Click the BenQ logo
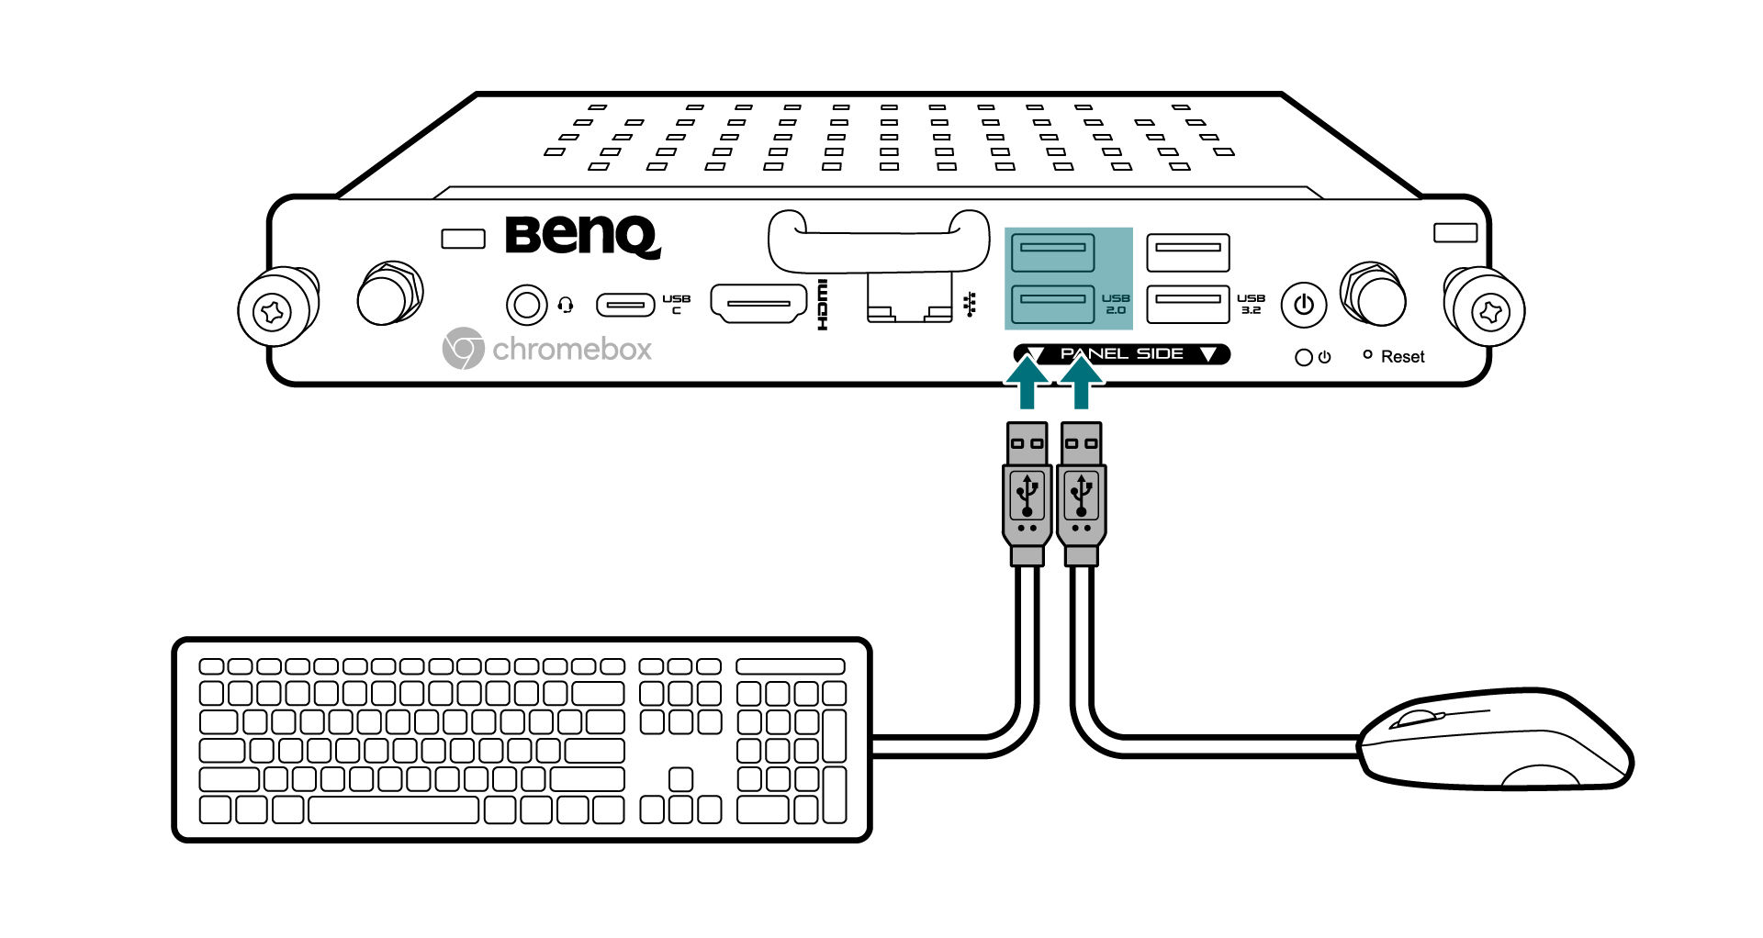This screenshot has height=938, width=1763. pyautogui.click(x=582, y=236)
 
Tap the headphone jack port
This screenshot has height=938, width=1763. pyautogui.click(x=526, y=304)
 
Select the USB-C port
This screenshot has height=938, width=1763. pyautogui.click(x=625, y=304)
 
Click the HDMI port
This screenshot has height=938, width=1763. pyautogui.click(x=758, y=304)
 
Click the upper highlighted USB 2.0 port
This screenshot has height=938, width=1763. pyautogui.click(x=1052, y=251)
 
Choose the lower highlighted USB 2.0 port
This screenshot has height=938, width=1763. pyautogui.click(x=1052, y=303)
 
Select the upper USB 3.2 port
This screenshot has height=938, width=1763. pyautogui.click(x=1187, y=251)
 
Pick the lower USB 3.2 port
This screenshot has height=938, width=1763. pyautogui.click(x=1187, y=303)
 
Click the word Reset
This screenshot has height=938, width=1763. pyautogui.click(x=1402, y=357)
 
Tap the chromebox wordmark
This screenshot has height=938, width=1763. pyautogui.click(x=572, y=350)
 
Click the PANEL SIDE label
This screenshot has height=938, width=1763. pyautogui.click(x=1121, y=354)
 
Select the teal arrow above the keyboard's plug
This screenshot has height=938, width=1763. pyautogui.click(x=1027, y=382)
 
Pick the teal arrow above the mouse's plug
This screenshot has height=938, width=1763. pyautogui.click(x=1082, y=382)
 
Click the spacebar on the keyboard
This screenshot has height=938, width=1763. pyautogui.click(x=393, y=810)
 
